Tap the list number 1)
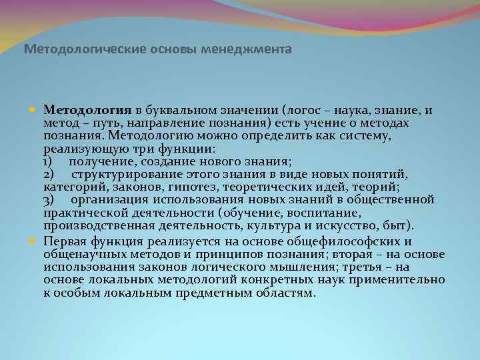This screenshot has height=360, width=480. point(48,162)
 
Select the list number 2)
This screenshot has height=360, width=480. point(49,175)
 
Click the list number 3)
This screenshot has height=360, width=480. point(49,200)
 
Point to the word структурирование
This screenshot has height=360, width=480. point(124,175)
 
